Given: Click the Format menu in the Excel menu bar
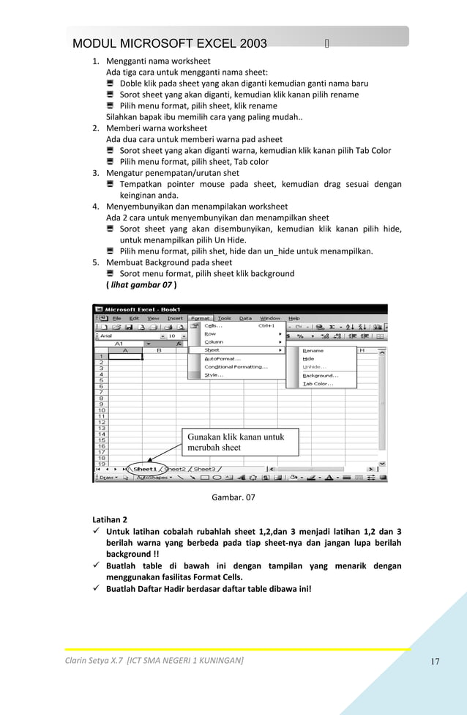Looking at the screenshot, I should click(x=200, y=318).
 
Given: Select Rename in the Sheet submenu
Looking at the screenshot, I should click(x=313, y=350).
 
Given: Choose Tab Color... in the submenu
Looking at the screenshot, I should click(x=318, y=383).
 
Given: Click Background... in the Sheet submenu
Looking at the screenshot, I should click(x=320, y=375).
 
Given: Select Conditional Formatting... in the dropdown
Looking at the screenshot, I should click(x=235, y=366).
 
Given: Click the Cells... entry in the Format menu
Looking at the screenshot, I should click(x=213, y=326).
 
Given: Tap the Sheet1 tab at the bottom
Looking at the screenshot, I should click(x=144, y=469).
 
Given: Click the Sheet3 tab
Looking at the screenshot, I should click(x=204, y=469).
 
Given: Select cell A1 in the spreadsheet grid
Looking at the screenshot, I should click(x=125, y=357).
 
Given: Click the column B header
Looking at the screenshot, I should click(x=159, y=350).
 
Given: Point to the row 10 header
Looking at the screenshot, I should click(x=102, y=410).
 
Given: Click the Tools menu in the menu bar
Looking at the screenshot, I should click(x=224, y=318).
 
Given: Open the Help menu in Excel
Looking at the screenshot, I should click(x=294, y=318).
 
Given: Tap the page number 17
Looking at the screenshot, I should click(x=435, y=662).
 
